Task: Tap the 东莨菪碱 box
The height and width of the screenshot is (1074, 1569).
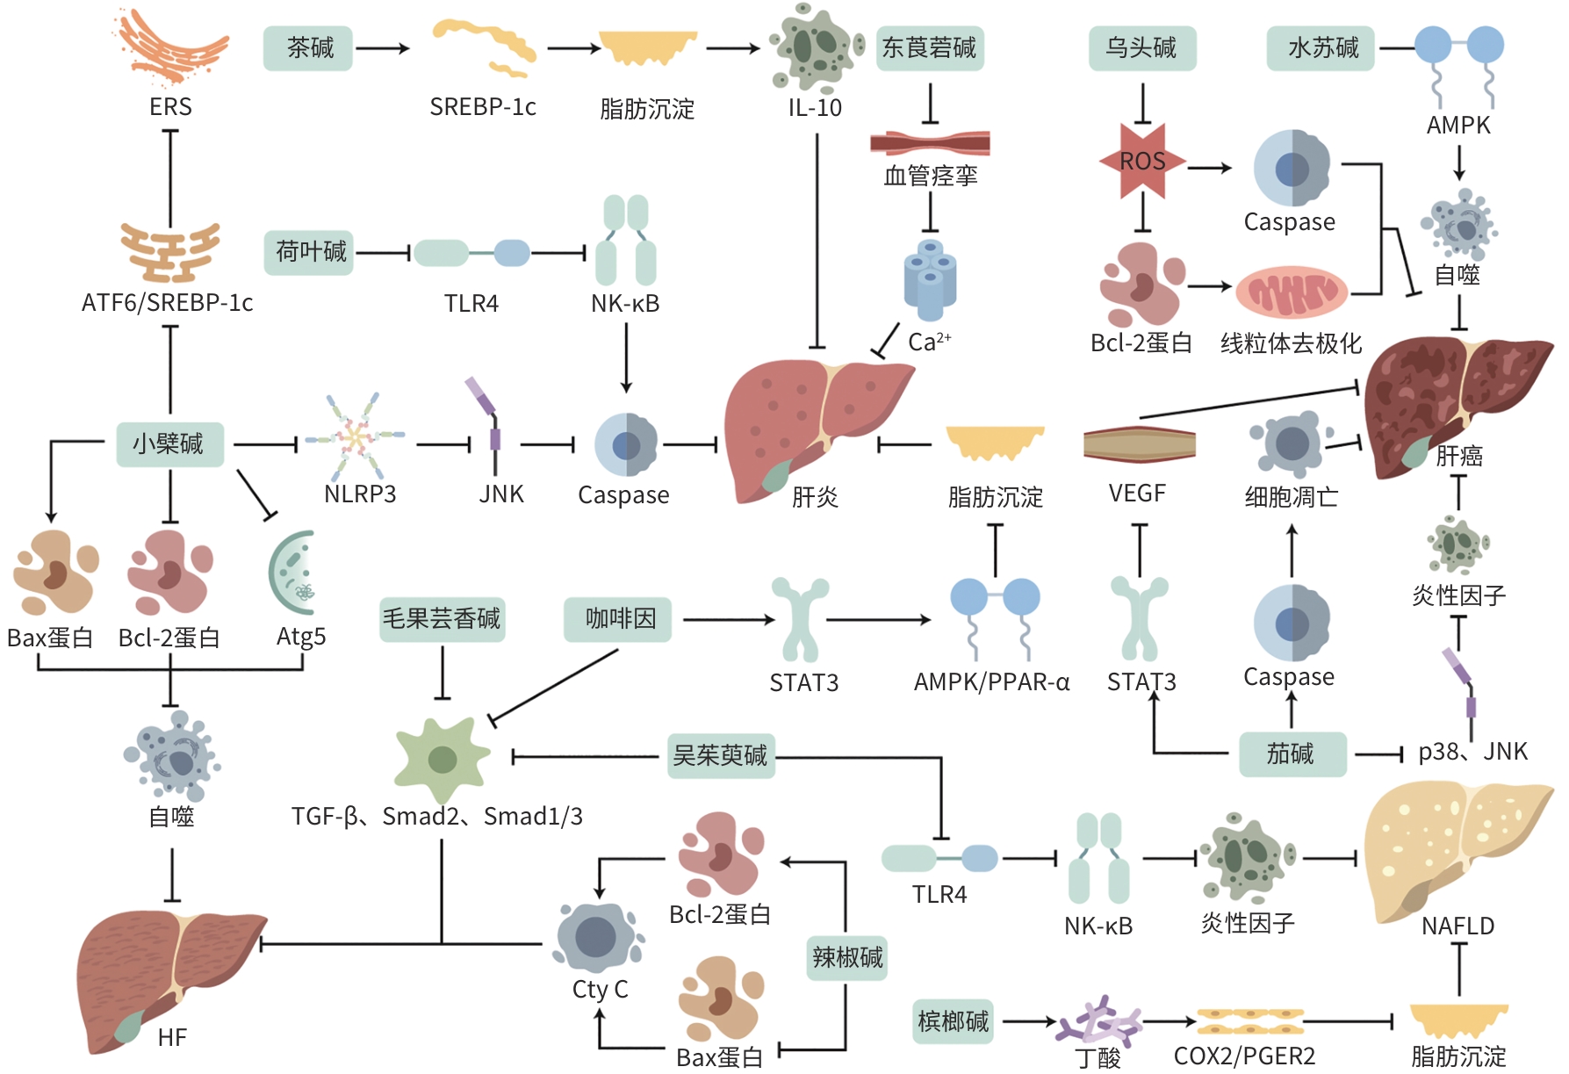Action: pyautogui.click(x=930, y=47)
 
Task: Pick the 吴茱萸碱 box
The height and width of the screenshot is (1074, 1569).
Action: pyautogui.click(x=721, y=755)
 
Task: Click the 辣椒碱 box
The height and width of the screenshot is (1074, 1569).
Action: pyautogui.click(x=847, y=956)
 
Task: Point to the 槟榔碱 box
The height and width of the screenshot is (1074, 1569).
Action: pyautogui.click(x=953, y=1020)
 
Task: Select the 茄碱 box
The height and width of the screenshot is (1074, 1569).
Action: pyautogui.click(x=1292, y=753)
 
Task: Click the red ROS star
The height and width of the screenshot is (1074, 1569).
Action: pyautogui.click(x=1142, y=162)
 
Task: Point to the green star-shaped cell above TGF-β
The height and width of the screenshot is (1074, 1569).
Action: pyautogui.click(x=442, y=759)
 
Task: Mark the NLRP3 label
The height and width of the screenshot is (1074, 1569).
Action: pyautogui.click(x=360, y=494)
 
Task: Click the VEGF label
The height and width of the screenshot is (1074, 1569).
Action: pyautogui.click(x=1137, y=494)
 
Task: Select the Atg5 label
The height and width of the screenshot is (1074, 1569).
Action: pyautogui.click(x=301, y=636)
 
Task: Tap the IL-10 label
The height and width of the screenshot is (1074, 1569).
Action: pyautogui.click(x=815, y=108)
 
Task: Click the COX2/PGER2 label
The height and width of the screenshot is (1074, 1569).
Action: pyautogui.click(x=1244, y=1056)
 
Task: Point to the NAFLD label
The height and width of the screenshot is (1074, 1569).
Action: pyautogui.click(x=1457, y=926)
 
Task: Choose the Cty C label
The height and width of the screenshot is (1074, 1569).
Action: pyautogui.click(x=600, y=989)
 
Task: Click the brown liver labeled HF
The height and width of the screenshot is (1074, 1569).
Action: pyautogui.click(x=167, y=975)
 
